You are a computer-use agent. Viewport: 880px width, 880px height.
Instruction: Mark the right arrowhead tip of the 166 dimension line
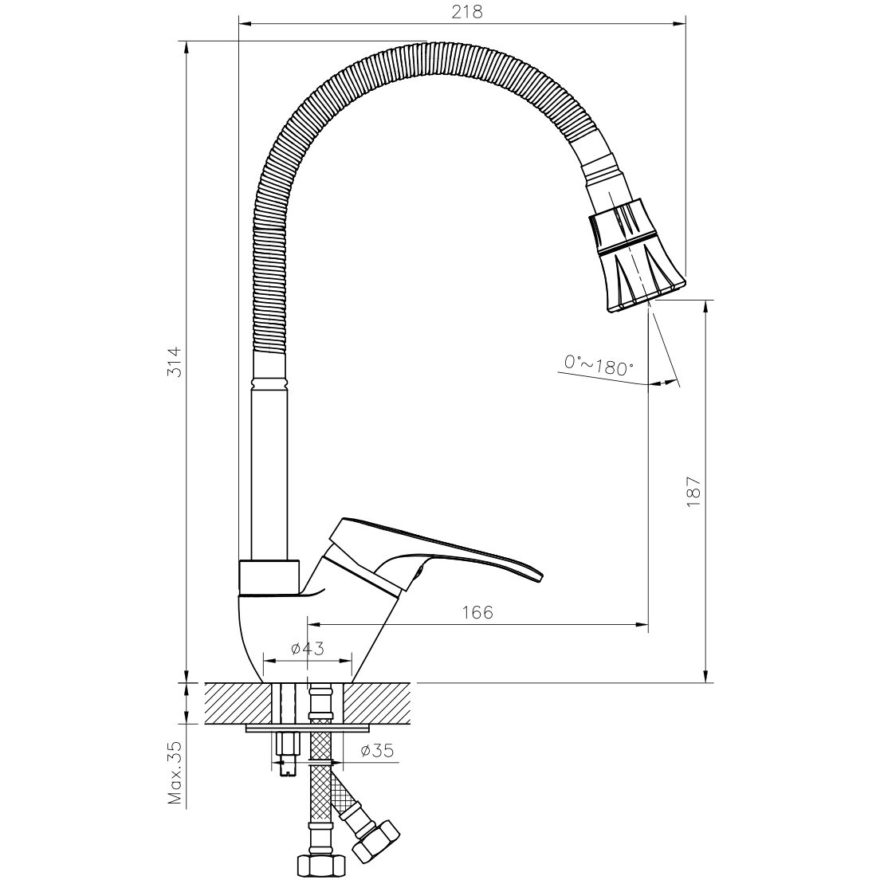tap(649, 624)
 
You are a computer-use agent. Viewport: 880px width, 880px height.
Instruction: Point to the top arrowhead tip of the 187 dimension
tap(706, 301)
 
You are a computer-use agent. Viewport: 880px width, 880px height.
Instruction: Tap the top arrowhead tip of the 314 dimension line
tap(186, 41)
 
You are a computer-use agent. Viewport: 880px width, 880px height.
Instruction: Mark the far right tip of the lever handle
tap(543, 576)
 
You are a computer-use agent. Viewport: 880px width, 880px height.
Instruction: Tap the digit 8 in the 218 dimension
tap(477, 12)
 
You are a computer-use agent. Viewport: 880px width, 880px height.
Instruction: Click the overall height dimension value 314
tap(175, 362)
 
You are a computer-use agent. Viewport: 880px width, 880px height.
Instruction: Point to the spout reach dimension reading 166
tap(477, 612)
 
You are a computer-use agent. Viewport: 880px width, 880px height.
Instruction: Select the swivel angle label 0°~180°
tap(599, 365)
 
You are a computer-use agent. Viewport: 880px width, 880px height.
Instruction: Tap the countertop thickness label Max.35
tap(176, 773)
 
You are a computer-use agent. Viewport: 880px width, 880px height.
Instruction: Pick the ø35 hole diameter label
tap(377, 750)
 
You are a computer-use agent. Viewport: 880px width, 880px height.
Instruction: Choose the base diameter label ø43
tap(308, 649)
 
